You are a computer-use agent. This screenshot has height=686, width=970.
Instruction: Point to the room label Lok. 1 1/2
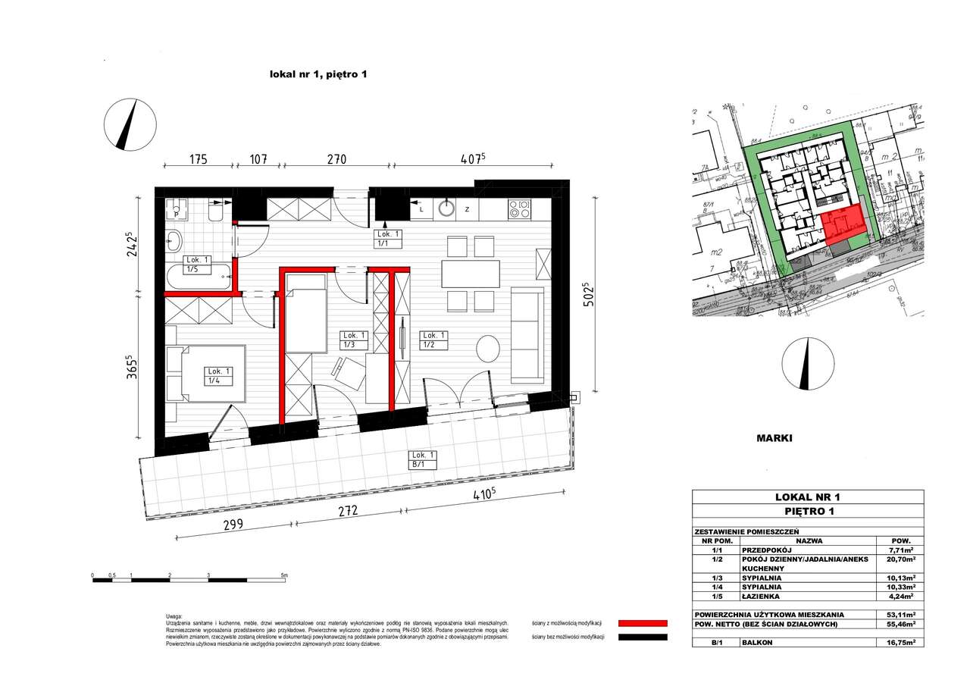click(x=434, y=340)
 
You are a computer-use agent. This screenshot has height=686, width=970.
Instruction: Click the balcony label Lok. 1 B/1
click(x=424, y=459)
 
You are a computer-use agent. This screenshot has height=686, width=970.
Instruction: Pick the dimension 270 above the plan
click(x=336, y=159)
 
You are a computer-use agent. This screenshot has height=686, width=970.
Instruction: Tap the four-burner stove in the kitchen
click(x=519, y=208)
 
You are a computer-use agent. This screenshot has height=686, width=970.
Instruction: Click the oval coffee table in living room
click(x=488, y=349)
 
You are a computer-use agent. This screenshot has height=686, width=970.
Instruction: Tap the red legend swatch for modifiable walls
click(x=643, y=622)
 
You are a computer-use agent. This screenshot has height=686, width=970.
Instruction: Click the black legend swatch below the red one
click(x=643, y=637)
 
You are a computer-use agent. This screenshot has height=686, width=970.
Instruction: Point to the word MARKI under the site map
click(x=774, y=438)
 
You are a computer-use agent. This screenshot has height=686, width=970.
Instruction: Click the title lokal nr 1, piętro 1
click(x=318, y=74)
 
